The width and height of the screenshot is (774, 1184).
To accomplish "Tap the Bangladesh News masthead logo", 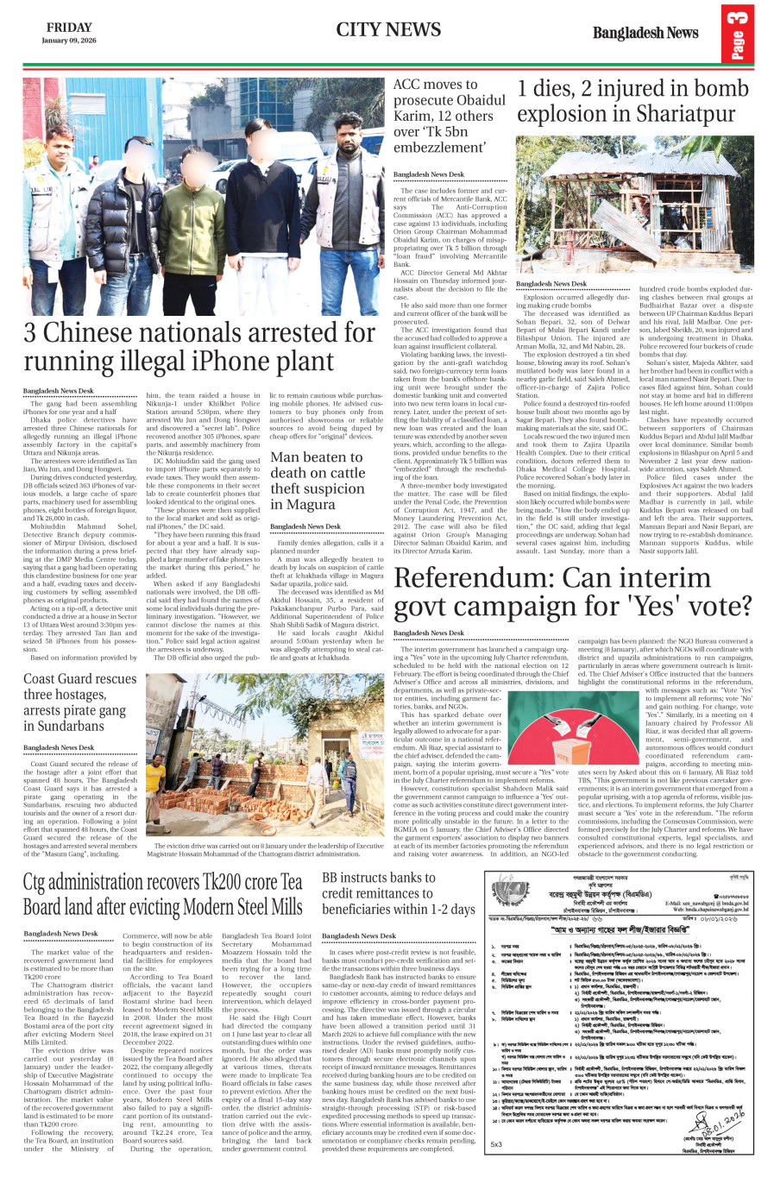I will pyautogui.click(x=645, y=33).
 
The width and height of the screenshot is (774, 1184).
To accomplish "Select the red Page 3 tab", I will pyautogui.click(x=738, y=34).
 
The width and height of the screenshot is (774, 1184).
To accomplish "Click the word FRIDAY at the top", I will pyautogui.click(x=69, y=28).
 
